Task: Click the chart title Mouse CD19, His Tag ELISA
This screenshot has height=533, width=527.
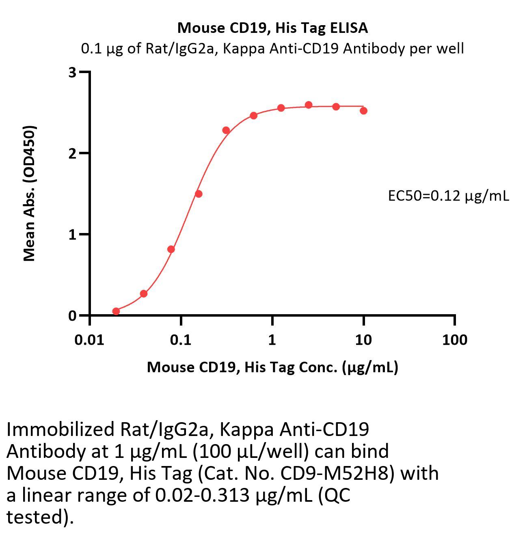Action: point(272,28)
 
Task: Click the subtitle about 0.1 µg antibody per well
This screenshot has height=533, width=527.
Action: point(272,49)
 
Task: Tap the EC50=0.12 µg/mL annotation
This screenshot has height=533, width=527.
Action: point(448,196)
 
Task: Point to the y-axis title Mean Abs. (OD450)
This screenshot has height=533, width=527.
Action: point(30,193)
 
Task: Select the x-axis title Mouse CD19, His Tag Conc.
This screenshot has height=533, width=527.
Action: point(272,367)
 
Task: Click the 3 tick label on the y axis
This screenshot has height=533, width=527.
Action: point(72,73)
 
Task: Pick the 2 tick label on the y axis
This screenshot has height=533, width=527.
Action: point(72,153)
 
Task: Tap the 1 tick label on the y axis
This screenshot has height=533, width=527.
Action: point(72,235)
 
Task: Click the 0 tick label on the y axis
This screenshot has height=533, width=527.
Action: point(72,316)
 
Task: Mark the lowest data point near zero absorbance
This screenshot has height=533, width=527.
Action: point(116,311)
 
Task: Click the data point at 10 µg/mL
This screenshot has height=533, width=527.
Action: point(363,110)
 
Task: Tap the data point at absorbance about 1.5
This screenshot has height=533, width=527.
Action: point(199,194)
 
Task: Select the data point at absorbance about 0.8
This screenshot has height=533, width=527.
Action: point(171,249)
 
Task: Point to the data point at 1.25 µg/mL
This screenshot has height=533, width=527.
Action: point(281,108)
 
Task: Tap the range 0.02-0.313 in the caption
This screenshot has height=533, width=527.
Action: point(202,495)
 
